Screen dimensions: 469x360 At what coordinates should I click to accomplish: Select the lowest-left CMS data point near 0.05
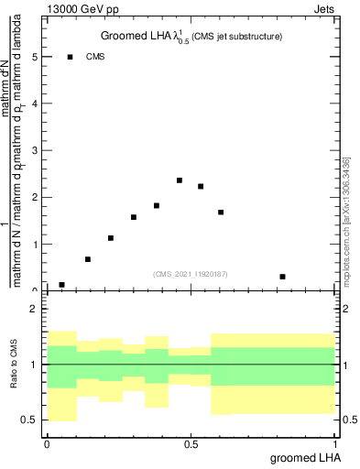click(61, 285)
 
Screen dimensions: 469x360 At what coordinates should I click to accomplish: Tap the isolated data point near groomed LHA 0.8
click(283, 277)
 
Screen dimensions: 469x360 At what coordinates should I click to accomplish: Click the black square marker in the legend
click(70, 57)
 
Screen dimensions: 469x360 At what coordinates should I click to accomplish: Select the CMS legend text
click(95, 57)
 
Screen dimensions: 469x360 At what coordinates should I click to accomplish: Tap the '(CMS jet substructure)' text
click(237, 37)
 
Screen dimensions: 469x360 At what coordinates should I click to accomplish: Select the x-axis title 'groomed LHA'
click(299, 457)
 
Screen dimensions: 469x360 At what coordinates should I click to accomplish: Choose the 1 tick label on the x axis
click(335, 443)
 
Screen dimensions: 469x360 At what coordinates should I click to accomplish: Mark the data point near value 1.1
click(111, 238)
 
